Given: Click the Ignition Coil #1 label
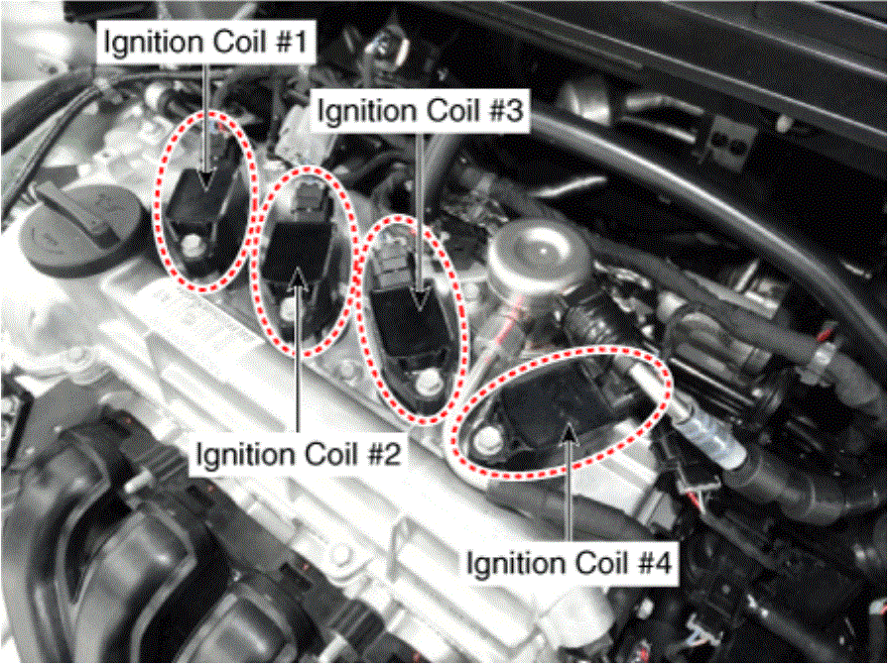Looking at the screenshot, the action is (205, 42).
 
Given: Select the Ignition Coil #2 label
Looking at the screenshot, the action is (299, 454).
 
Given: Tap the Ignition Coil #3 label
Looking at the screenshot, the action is (420, 110).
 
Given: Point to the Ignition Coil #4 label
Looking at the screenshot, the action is (569, 563).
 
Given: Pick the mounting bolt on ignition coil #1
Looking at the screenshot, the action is (193, 247).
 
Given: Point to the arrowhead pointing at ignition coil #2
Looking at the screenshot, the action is (298, 279).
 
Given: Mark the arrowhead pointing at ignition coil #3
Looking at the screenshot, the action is (420, 299).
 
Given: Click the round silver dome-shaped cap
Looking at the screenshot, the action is (533, 255).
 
